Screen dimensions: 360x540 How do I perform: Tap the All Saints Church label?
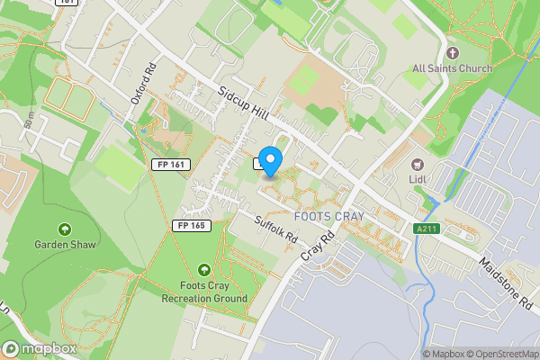[452, 69]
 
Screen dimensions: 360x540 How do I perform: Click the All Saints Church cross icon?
[453, 52]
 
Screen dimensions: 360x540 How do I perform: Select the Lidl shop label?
[418, 181]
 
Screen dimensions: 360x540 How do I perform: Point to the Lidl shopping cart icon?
[418, 165]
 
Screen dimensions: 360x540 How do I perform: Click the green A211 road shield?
[427, 229]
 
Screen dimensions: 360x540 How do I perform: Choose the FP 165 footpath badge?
[192, 226]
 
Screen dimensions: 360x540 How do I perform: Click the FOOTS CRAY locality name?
[328, 217]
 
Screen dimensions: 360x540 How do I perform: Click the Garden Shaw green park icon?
[64, 229]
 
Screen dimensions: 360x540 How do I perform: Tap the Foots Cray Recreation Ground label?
[203, 292]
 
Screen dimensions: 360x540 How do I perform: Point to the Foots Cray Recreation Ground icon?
[203, 269]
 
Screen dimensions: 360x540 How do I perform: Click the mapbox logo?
[39, 348]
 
